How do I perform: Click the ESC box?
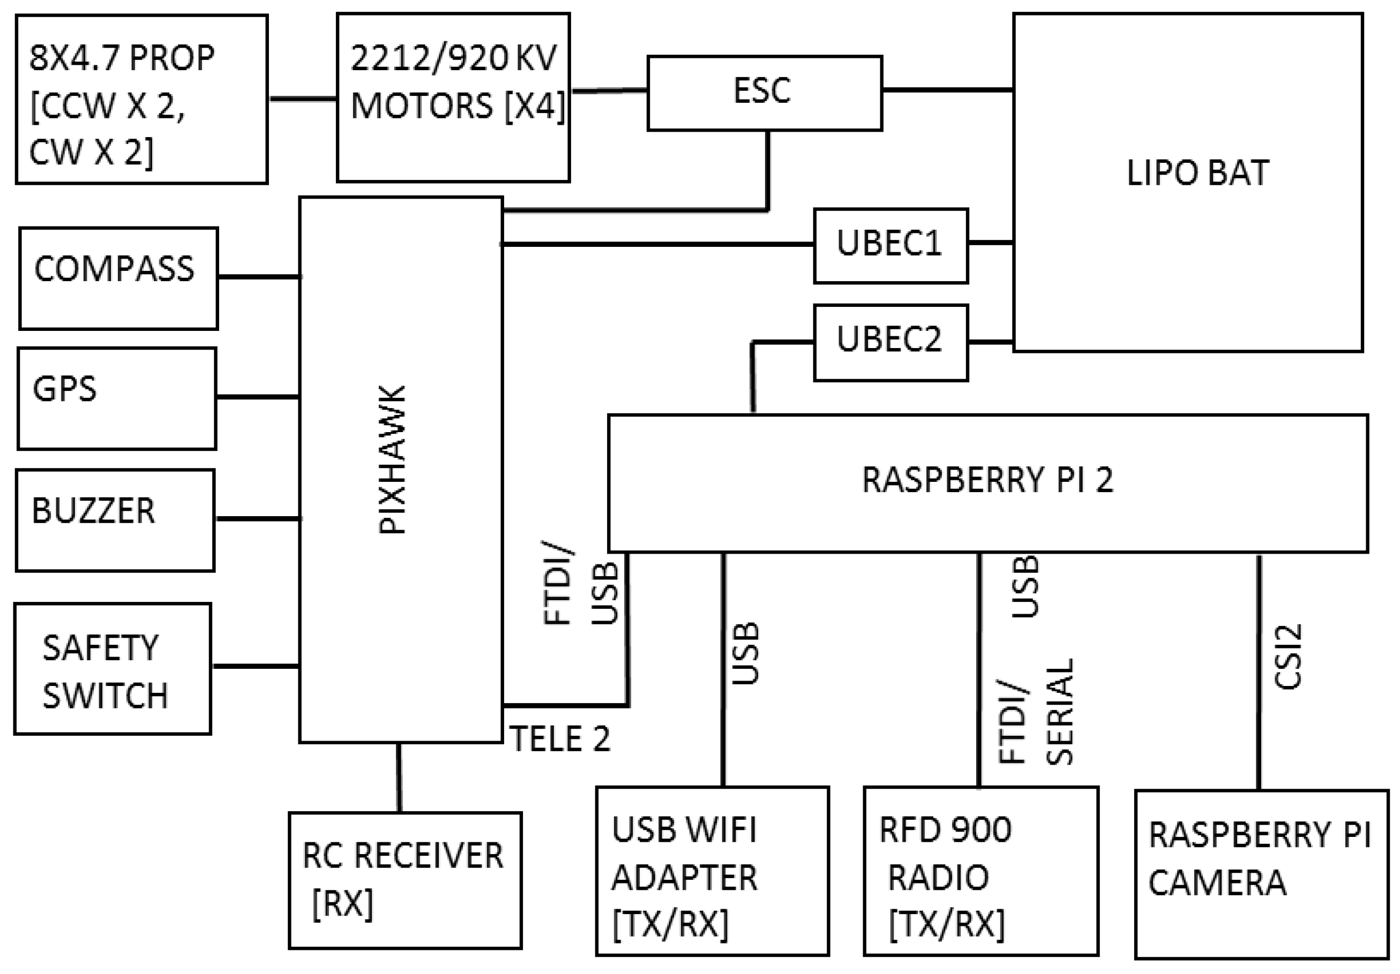(764, 93)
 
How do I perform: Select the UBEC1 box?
(890, 245)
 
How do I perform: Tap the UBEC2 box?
(890, 342)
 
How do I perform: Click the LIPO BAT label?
(1197, 173)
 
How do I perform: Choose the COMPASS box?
(118, 278)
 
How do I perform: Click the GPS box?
(116, 398)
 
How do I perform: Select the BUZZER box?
(115, 519)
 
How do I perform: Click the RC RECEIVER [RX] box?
(405, 880)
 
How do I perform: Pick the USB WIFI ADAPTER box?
(712, 870)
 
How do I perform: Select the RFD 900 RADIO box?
(980, 870)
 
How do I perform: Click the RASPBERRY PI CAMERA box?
(1261, 873)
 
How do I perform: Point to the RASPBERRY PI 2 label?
(987, 480)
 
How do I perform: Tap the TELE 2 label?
(560, 739)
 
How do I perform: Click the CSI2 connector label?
(1289, 657)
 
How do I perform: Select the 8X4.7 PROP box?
(141, 99)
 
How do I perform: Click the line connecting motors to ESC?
(609, 91)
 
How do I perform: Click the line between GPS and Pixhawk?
(257, 397)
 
